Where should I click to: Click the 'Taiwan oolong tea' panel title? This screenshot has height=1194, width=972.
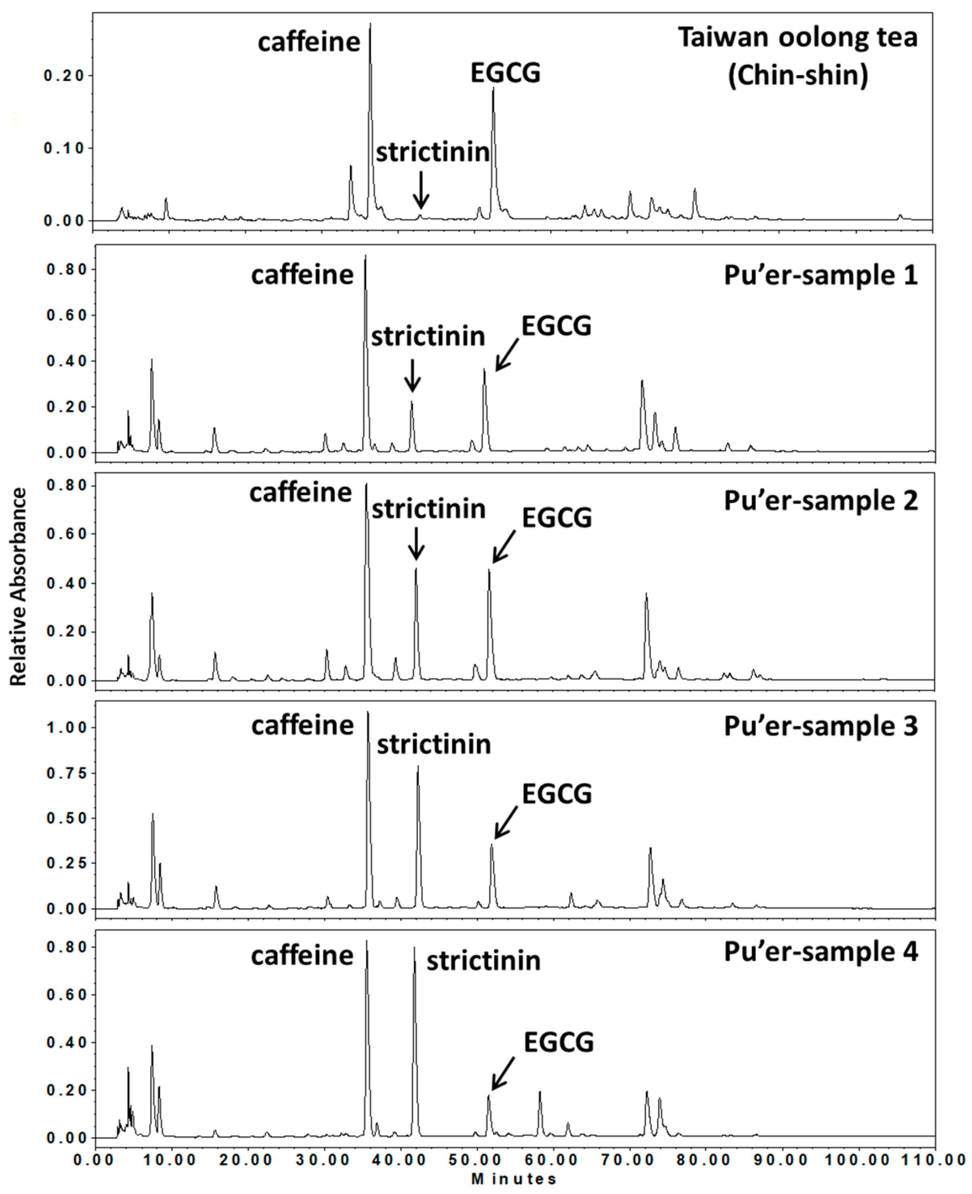coord(798,38)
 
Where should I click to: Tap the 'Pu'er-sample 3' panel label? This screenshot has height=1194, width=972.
coord(821,727)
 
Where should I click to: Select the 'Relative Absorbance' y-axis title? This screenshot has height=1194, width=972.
coord(19,586)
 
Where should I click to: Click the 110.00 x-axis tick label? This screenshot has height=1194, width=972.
coord(932,1159)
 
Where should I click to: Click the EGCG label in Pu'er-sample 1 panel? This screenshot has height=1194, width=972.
coord(556,326)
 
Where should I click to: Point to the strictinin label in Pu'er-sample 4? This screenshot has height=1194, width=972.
coord(483,961)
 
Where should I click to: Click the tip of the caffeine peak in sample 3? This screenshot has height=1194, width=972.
coord(368,712)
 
